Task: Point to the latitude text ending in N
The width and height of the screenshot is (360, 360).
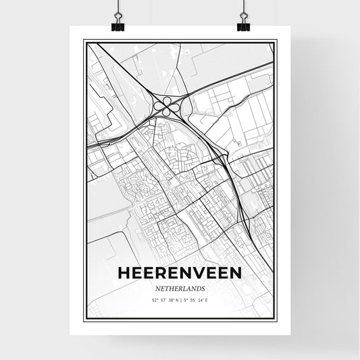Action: tap(161, 299)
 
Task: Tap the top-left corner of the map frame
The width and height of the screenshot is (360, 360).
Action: tap(84, 42)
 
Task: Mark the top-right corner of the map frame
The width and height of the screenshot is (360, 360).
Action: tap(276, 42)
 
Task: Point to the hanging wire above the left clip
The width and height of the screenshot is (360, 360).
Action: tap(117, 7)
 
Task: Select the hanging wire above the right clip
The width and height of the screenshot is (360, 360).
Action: tap(243, 7)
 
